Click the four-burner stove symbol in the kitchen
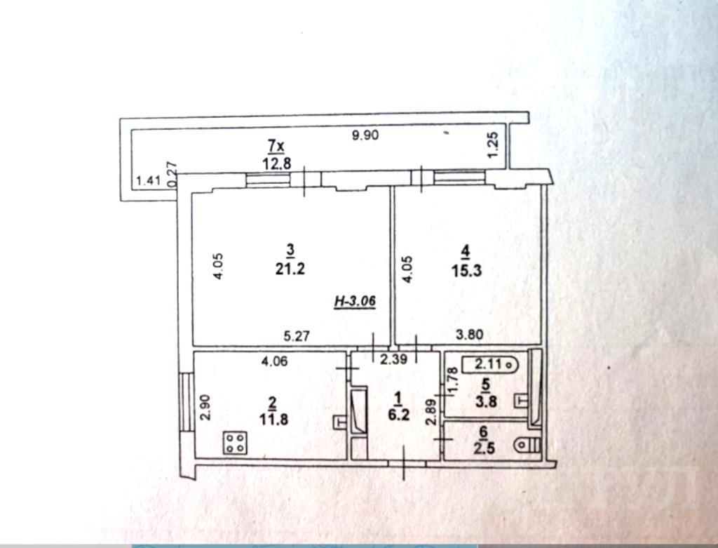tap(236, 443)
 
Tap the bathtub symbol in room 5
tap(490, 365)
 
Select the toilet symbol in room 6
tap(527, 445)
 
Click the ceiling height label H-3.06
tap(355, 301)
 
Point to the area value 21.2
tap(290, 269)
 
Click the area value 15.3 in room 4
tap(466, 270)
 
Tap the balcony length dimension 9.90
tap(365, 135)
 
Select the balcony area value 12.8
tap(276, 163)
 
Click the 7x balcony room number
tap(276, 147)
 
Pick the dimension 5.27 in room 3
tap(297, 336)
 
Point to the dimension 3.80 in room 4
tap(469, 335)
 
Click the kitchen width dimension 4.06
tap(274, 361)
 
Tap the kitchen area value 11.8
tap(274, 419)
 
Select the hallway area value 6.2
tap(398, 415)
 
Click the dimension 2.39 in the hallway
tap(394, 360)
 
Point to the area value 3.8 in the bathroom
tap(486, 401)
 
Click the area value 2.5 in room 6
tap(485, 448)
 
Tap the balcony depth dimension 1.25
tap(493, 145)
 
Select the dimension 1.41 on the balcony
tap(149, 180)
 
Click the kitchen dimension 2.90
tap(206, 408)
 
